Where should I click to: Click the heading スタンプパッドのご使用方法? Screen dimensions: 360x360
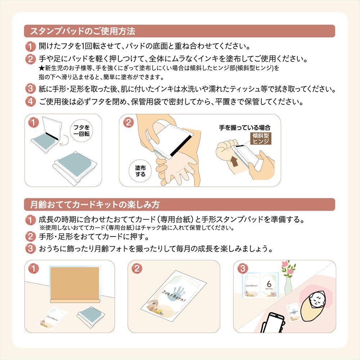tap(83, 31)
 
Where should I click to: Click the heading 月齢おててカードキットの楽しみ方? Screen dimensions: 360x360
tap(95, 204)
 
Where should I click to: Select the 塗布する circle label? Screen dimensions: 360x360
tap(140, 171)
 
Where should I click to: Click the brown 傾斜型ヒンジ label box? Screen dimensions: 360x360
tap(261, 138)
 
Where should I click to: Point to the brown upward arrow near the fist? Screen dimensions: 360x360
tap(234, 161)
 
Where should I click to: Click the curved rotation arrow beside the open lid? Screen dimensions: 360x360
tap(64, 140)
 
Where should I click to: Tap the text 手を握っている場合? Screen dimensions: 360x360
tap(244, 128)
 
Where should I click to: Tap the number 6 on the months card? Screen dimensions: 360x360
tap(269, 284)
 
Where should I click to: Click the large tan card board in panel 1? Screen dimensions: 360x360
tap(75, 283)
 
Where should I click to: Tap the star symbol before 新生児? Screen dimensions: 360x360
tap(41, 68)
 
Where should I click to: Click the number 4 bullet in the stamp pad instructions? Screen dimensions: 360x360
tap(30, 102)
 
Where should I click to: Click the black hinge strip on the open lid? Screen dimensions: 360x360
tap(52, 136)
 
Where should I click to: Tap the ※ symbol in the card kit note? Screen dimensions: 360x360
tap(42, 228)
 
